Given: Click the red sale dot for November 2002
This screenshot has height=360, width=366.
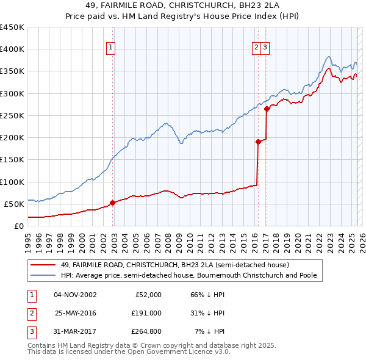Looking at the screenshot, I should click(x=113, y=203).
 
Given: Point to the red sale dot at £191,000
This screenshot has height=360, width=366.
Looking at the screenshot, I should click(x=258, y=142).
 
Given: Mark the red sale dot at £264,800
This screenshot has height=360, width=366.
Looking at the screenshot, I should click(x=267, y=109).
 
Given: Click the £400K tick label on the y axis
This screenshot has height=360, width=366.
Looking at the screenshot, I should click(x=12, y=49).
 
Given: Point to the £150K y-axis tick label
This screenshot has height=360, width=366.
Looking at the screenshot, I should click(x=12, y=159).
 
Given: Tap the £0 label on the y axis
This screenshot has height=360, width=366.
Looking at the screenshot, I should click(x=18, y=226).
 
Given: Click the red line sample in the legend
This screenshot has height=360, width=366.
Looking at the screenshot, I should click(x=43, y=265).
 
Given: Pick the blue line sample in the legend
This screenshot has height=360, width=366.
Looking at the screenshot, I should click(x=43, y=276).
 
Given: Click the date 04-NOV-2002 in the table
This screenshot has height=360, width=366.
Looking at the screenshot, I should click(x=76, y=295).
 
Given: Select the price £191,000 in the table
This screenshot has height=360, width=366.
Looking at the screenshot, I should click(x=146, y=313).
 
